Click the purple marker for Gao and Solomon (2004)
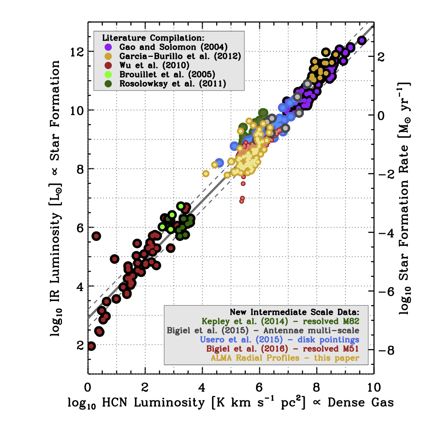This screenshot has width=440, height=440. (x=108, y=47)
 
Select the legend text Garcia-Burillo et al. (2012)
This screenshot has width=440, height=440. (x=180, y=56)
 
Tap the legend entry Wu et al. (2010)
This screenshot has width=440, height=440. (x=154, y=66)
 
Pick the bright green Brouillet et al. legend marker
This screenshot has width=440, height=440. (x=108, y=75)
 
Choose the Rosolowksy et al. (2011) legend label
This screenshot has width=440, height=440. (x=173, y=84)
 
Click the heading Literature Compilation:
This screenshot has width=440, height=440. (x=153, y=38)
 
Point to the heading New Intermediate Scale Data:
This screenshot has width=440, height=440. (x=294, y=312)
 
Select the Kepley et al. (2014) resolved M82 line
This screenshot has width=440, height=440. (x=280, y=321)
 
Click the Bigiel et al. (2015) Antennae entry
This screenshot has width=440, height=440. (x=263, y=330)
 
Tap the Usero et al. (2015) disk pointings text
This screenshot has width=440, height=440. (x=280, y=340)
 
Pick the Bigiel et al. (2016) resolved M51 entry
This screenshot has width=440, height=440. (x=282, y=349)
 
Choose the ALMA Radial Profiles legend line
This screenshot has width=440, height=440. (x=285, y=358)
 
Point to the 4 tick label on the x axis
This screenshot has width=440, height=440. (x=202, y=387)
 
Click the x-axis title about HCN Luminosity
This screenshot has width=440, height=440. (x=231, y=403)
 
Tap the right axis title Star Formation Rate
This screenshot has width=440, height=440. (x=404, y=198)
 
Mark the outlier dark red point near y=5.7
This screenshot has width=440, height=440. (x=96, y=236)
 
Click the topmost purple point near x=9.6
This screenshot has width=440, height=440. (x=362, y=40)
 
